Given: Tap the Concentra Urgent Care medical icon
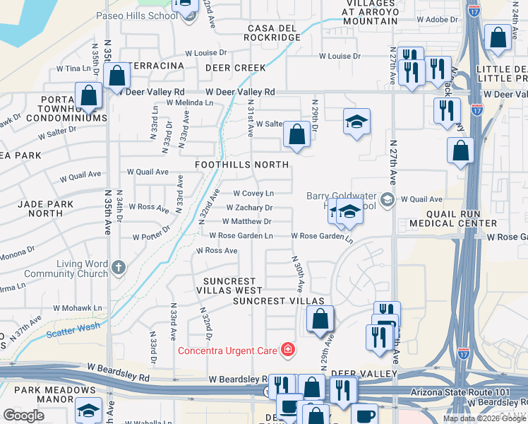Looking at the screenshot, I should coord(287,349).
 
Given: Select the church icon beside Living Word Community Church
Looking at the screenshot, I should coord(119,268).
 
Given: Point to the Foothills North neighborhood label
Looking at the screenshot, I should coord(242,165).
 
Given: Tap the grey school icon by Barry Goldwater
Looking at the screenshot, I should coord(386,200).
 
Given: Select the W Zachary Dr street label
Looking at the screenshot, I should coord(249,208).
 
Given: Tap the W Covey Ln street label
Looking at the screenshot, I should coord(253,193).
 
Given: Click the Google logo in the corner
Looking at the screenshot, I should coord(23,416).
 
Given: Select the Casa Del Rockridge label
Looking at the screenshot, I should coord(274,33).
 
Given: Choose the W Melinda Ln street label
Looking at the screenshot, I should coord(189,102).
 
